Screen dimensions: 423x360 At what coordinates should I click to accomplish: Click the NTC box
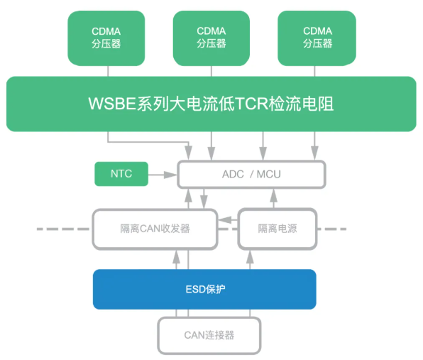coord(121,174)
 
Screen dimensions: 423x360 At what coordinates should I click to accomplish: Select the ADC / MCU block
coord(251,175)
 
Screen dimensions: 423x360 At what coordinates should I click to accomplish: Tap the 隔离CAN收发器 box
coord(155,229)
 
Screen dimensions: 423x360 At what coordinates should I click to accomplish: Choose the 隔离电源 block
coord(278,229)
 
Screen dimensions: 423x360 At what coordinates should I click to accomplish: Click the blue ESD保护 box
coord(204,289)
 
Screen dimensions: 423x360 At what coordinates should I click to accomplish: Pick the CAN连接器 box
coord(209,335)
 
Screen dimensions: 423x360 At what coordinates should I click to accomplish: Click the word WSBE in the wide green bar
coord(112,104)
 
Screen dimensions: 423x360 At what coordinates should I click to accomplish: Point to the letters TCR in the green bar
coord(252,104)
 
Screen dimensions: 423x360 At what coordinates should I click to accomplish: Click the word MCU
coord(269,175)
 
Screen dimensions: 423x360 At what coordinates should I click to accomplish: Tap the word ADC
coord(233,175)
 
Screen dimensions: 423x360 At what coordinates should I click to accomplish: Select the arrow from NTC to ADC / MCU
coord(163,175)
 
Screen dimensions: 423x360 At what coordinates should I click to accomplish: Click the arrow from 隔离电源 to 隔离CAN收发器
coord(228,220)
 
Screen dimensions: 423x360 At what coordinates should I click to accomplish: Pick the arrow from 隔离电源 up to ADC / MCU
coord(273,198)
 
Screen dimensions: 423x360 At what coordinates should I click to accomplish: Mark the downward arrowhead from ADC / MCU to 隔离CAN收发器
coord(204,202)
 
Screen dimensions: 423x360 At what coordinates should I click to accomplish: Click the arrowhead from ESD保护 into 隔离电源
coord(250,256)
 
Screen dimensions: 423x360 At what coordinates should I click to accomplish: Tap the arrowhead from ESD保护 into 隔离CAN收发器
coord(177,256)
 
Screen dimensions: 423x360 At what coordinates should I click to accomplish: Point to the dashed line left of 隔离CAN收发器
coord(63,229)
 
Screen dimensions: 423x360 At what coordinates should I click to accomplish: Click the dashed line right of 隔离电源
coord(332,229)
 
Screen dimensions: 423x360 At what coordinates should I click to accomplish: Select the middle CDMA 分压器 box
coord(211,38)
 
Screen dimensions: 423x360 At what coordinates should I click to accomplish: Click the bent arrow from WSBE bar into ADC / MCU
coord(148,141)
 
